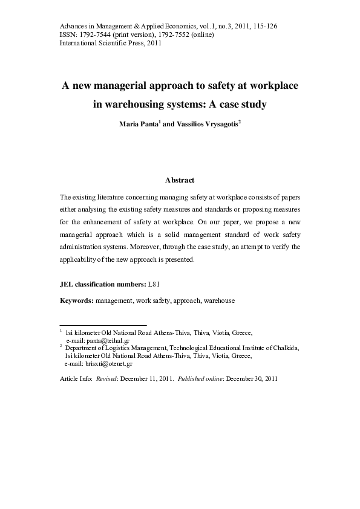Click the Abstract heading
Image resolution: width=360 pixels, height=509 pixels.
(x=180, y=180)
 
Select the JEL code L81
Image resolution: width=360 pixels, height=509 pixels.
(x=157, y=284)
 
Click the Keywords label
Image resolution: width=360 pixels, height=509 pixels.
(x=76, y=300)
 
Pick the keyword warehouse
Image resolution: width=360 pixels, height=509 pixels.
(x=220, y=300)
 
